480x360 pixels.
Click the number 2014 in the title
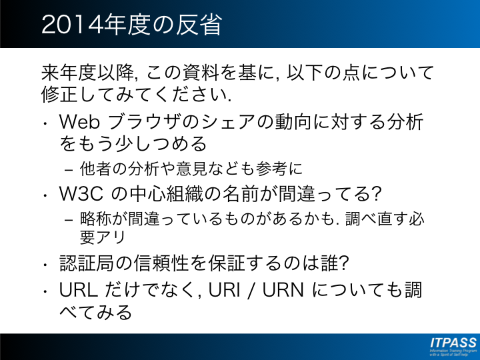point(72,25)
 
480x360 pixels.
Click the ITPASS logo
point(453,346)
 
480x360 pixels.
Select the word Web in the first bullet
point(79,122)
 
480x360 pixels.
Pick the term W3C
point(81,194)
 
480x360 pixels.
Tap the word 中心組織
point(166,194)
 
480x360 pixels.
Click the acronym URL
point(79,290)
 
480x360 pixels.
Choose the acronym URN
point(283,290)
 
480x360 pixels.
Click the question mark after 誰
point(344,263)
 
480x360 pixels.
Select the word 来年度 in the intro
point(69,73)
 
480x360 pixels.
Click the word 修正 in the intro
point(59,94)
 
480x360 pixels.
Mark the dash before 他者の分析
point(69,169)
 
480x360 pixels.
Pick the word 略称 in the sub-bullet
point(96,219)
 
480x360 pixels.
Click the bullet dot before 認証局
point(45,264)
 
